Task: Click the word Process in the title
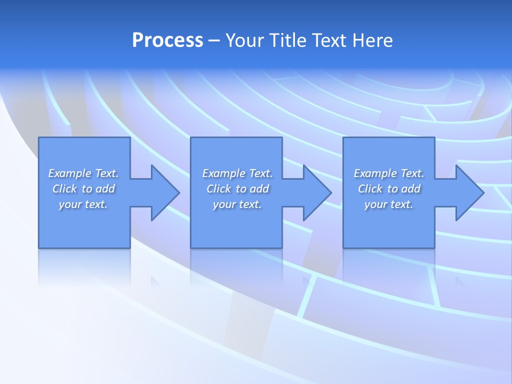click(x=167, y=41)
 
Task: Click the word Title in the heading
click(x=287, y=41)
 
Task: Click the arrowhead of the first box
click(x=163, y=193)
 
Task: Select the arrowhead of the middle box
click(x=315, y=193)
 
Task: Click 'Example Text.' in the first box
click(x=83, y=173)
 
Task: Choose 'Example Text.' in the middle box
click(x=237, y=173)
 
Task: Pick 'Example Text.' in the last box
click(x=389, y=173)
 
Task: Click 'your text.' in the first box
click(x=83, y=204)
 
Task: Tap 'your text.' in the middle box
click(x=237, y=204)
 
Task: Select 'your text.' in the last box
click(x=389, y=204)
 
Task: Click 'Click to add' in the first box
click(x=84, y=189)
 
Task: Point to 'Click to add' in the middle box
click(x=238, y=189)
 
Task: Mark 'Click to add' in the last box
click(x=389, y=189)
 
